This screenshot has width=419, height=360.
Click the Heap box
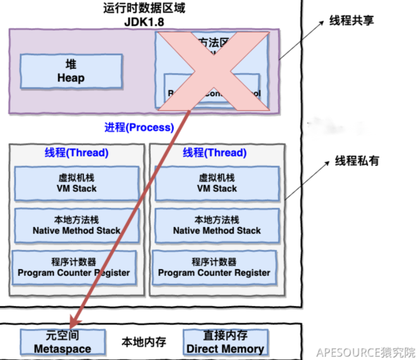point(71,71)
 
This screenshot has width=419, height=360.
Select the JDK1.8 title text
point(145,21)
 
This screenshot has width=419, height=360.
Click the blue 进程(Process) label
point(139,127)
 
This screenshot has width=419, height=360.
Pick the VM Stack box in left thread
point(77,183)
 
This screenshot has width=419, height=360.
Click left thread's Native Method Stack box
point(76,225)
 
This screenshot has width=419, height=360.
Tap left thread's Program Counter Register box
point(74,267)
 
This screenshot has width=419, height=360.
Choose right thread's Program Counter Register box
point(214,267)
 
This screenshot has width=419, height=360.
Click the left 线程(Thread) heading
point(77,152)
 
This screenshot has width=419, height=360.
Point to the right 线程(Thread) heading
point(215,152)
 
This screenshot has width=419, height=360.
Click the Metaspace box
point(63,342)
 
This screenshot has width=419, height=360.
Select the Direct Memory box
point(225,342)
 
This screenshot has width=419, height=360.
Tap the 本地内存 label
point(144,342)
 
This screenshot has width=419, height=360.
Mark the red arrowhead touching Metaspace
point(73,324)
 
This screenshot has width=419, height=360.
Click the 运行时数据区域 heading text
point(145,9)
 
